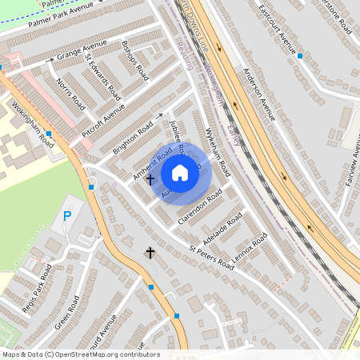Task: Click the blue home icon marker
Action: [180, 173]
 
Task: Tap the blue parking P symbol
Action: [67, 216]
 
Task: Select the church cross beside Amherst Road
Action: [150, 179]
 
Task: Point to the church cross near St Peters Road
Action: [149, 253]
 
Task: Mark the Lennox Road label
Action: [249, 249]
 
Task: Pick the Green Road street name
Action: [67, 313]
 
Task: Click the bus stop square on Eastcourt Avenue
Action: [300, 56]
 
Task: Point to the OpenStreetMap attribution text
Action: [81, 354]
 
